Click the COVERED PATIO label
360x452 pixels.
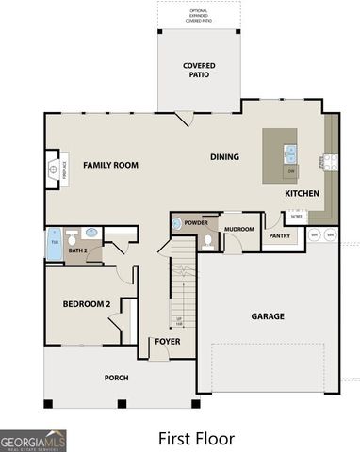[199, 71]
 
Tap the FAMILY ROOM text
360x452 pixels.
[110, 165]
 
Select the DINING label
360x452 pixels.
[224, 157]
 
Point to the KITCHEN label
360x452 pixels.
[303, 193]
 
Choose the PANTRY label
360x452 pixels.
[279, 235]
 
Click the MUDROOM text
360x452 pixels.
[239, 228]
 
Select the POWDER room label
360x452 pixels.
[196, 223]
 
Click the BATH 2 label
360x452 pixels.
[78, 251]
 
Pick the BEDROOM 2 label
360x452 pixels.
[88, 304]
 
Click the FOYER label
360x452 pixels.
[168, 341]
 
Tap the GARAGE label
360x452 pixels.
[268, 316]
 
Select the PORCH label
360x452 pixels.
[117, 378]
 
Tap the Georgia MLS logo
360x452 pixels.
[33, 441]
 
